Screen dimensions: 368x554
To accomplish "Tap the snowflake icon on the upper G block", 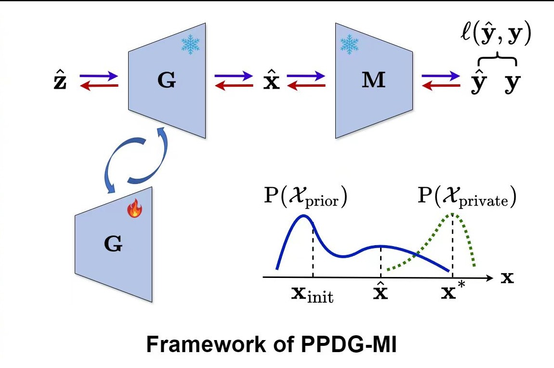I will pyautogui.click(x=190, y=45).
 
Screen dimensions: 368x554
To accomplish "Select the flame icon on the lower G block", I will pyautogui.click(x=134, y=210).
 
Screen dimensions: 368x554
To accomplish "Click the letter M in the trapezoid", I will pyautogui.click(x=374, y=81).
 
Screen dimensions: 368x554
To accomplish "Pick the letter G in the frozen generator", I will pyautogui.click(x=167, y=81).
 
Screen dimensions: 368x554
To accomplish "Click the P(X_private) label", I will pyautogui.click(x=466, y=197).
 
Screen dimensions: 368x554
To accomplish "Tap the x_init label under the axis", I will pyautogui.click(x=312, y=294).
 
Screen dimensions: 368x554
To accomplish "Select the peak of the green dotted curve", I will pyautogui.click(x=453, y=214).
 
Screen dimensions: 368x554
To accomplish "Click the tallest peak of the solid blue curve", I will pyautogui.click(x=303, y=216).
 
